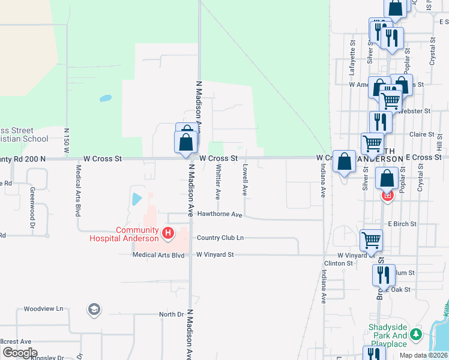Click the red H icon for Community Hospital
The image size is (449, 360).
[x=169, y=232]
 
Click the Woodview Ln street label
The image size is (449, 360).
[x=43, y=309]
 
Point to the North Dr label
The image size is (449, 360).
[x=171, y=314]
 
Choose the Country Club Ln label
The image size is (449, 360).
[x=220, y=238]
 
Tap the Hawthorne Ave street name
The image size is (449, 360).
[x=219, y=215]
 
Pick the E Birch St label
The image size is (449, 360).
[x=402, y=224]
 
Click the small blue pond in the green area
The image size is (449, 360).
[x=105, y=97]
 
